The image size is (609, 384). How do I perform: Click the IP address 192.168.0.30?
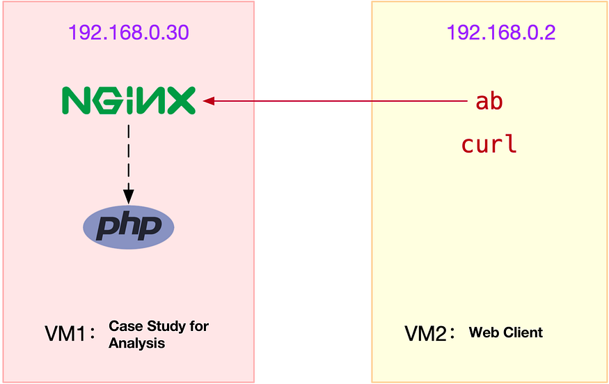(x=128, y=33)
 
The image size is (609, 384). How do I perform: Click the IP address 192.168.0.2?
(x=500, y=33)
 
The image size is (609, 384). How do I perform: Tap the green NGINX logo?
(x=129, y=101)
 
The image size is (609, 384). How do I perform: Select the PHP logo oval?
(x=128, y=226)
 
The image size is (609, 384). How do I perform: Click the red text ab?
(x=489, y=102)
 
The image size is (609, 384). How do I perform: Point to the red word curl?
(x=489, y=145)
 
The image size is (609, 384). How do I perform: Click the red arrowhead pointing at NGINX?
(x=208, y=102)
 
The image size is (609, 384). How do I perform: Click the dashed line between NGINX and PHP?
(x=128, y=157)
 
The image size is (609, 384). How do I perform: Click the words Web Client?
(x=506, y=332)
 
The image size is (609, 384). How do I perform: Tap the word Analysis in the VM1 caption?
(x=137, y=343)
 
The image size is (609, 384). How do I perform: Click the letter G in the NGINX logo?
(x=104, y=101)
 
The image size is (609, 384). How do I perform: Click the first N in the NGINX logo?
(x=76, y=101)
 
